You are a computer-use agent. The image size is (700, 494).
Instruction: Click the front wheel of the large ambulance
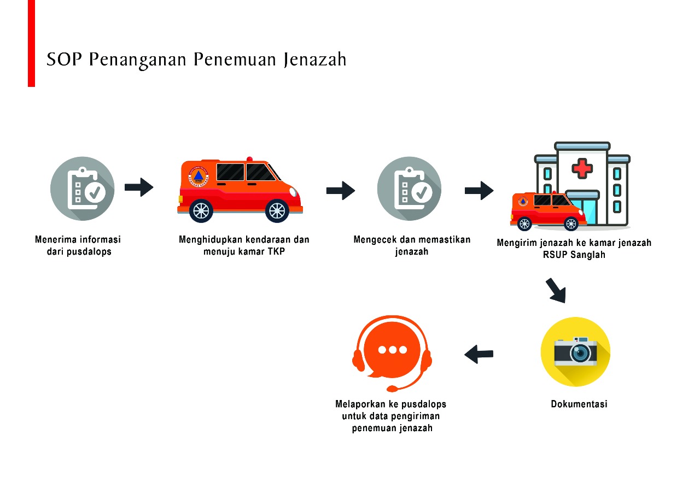coord(277,210)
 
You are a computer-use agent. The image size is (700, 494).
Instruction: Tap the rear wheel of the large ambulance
coord(201,210)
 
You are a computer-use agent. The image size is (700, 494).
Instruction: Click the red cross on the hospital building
coord(582,167)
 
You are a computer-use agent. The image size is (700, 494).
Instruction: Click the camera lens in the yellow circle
coord(580,352)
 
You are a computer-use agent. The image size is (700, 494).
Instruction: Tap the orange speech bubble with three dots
coord(392,350)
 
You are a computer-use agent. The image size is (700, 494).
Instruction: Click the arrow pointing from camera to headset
coord(479,354)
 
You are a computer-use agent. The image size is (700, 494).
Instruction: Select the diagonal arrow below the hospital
coord(556,290)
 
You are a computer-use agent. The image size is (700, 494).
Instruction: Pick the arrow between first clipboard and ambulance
coord(139,187)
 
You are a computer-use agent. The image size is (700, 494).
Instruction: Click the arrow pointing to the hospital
coord(479,191)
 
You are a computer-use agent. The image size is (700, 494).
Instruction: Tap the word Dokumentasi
coord(579,404)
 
